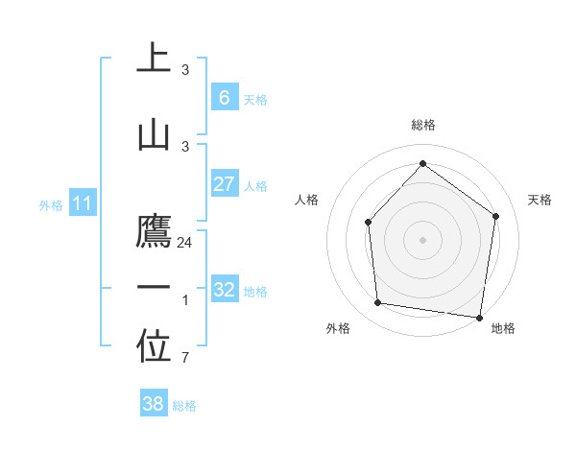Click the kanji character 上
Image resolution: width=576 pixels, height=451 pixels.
[154, 59]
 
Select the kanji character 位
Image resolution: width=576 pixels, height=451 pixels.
[154, 346]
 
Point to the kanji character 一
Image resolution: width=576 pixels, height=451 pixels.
[154, 288]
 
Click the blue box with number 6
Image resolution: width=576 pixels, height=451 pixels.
[224, 98]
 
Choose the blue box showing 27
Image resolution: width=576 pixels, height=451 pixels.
[224, 185]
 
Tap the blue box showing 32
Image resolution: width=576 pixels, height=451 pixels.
[224, 290]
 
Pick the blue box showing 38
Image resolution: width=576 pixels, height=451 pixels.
[154, 404]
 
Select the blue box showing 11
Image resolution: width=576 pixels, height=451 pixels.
[82, 203]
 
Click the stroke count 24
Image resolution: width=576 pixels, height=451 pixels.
[185, 243]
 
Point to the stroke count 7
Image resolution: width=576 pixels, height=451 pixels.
[184, 359]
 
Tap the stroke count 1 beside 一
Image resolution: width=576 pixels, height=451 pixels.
[184, 300]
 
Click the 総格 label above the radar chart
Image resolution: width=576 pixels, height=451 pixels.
[422, 125]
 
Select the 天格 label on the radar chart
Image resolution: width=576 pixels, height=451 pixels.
[540, 200]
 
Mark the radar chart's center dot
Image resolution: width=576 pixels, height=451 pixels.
[422, 239]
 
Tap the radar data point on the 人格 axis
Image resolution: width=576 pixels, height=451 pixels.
[369, 223]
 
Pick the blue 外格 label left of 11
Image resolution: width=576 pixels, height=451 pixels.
[50, 204]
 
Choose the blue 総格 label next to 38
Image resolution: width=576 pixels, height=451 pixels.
[184, 406]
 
